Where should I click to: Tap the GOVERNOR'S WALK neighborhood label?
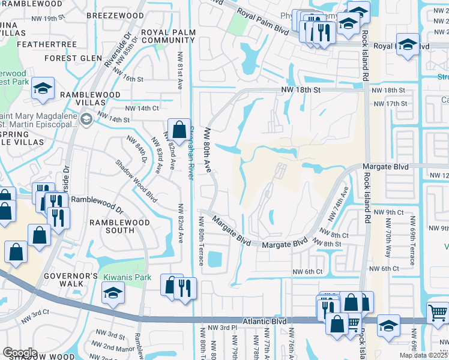(70, 281)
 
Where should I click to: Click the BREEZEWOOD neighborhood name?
(115, 15)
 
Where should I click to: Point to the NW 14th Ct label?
(142, 109)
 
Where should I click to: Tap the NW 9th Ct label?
(387, 213)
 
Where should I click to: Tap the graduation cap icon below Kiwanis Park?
(112, 294)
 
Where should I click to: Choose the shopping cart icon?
(438, 313)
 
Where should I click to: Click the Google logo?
(20, 353)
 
